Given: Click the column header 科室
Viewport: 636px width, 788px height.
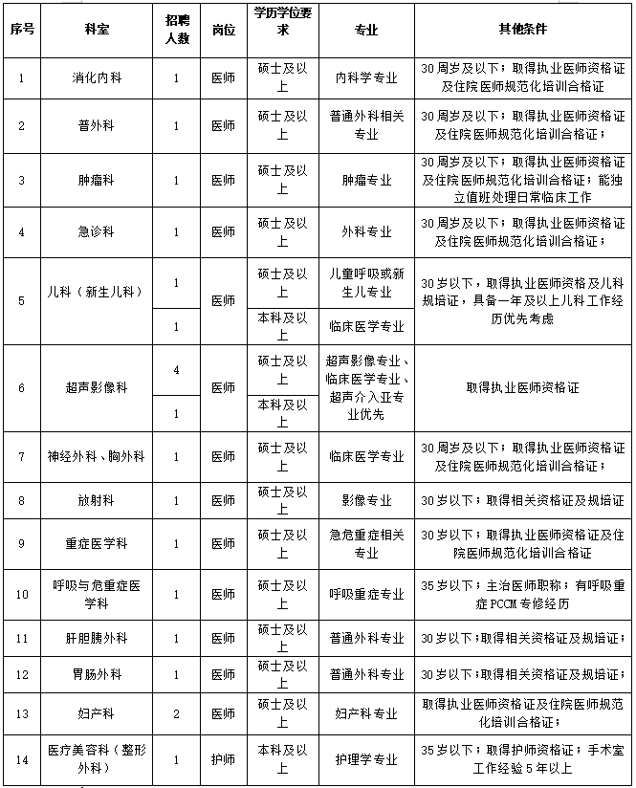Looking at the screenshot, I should tap(95, 30).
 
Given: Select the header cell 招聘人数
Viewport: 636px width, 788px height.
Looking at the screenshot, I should tap(176, 30).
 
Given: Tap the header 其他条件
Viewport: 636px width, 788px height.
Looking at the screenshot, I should tap(523, 30).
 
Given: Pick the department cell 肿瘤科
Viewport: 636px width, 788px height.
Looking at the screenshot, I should tap(95, 180).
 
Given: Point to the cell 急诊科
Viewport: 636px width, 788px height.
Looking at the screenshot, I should tap(95, 231).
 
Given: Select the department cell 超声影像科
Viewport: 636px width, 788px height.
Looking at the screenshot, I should tap(95, 388).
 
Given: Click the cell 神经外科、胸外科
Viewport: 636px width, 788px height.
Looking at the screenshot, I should tap(95, 457).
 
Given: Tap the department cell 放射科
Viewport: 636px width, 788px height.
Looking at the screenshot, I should tap(95, 500).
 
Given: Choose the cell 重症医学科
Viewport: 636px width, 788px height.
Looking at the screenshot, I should tap(95, 543).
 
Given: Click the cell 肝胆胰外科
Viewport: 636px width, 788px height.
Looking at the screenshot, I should tap(95, 638).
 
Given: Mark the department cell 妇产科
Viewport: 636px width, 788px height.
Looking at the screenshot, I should tap(95, 713).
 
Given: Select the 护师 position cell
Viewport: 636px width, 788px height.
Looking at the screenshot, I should tap(223, 760).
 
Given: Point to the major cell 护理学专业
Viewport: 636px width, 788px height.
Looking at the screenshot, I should tap(367, 760).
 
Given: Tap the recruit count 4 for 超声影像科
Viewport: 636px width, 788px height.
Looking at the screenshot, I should tap(176, 369).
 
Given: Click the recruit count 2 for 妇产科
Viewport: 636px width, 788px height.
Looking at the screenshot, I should tap(176, 713).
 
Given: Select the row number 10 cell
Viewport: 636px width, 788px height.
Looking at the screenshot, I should tap(22, 594).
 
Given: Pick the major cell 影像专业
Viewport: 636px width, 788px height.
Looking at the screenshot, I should tap(367, 500).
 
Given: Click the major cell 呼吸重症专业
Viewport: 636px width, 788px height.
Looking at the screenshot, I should tap(367, 594).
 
